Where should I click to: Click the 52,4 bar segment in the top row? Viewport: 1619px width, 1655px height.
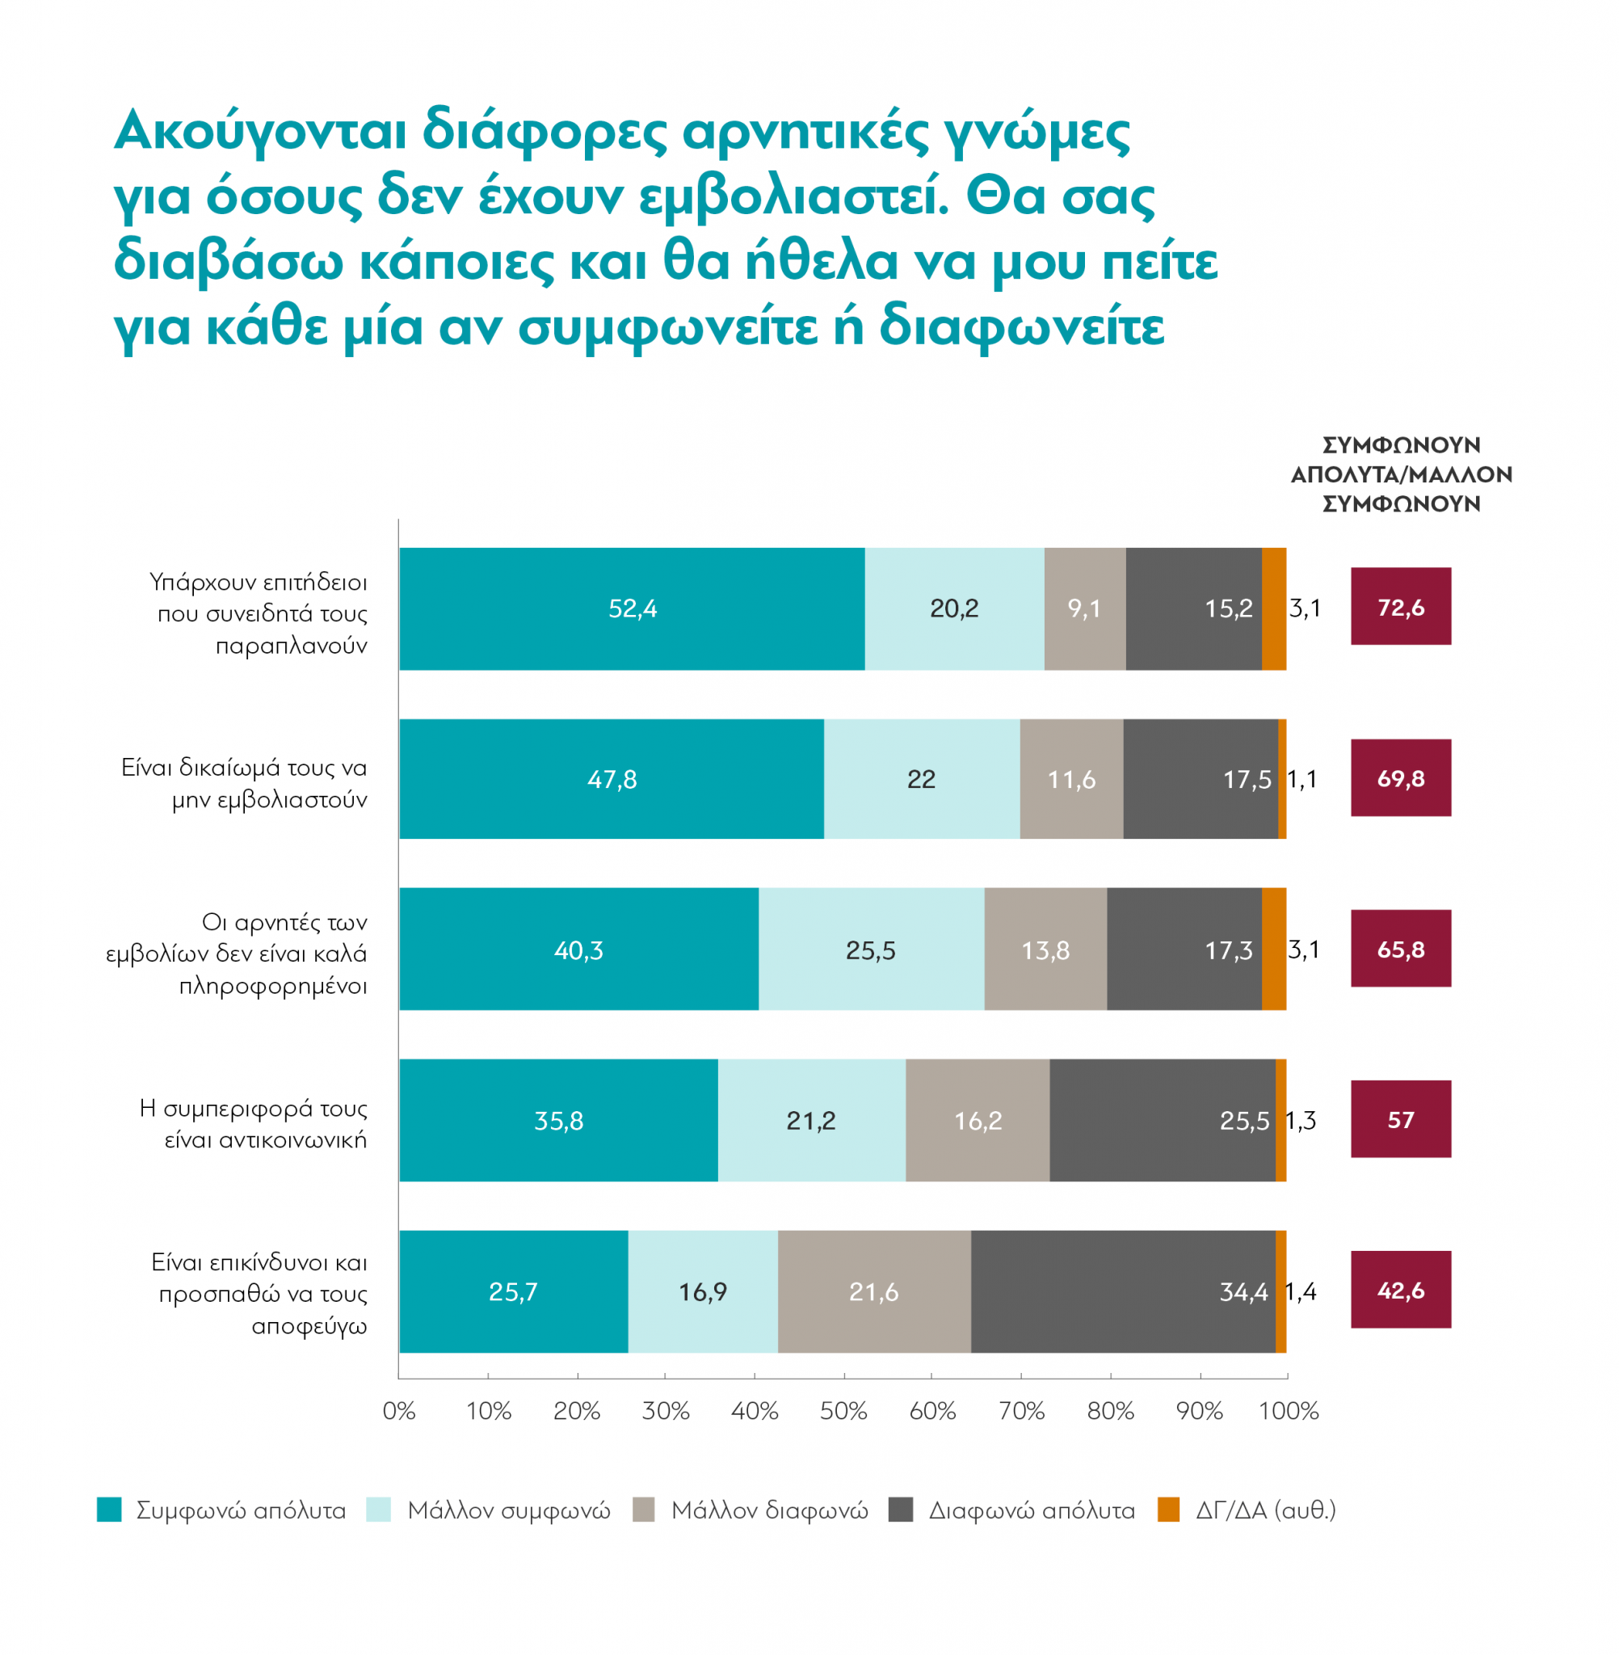click(632, 609)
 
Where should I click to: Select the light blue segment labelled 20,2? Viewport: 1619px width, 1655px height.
click(954, 609)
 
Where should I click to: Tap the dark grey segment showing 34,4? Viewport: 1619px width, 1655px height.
click(1122, 1292)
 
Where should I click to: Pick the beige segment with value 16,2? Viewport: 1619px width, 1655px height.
click(978, 1121)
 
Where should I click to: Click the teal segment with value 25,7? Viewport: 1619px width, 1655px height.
click(514, 1292)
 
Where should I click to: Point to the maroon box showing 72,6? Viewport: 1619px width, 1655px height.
click(1401, 606)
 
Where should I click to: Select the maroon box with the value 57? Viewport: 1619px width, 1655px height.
click(1401, 1119)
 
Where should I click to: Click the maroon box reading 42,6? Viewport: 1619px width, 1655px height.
click(1401, 1291)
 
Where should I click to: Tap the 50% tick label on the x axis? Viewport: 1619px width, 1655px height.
click(843, 1412)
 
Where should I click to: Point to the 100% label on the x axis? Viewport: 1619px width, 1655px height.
click(1289, 1412)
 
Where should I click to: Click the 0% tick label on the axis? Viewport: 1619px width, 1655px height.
click(399, 1412)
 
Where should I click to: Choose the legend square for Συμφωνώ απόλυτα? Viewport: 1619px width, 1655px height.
click(110, 1510)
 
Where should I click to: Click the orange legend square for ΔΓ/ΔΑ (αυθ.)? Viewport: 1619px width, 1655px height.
click(1169, 1510)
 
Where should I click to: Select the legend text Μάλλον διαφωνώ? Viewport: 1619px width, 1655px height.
click(770, 1510)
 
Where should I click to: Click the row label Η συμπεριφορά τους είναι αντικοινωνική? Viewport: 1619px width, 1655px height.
click(254, 1123)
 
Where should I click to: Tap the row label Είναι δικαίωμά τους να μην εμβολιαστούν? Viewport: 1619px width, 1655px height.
click(245, 783)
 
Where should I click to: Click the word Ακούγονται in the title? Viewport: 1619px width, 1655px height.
click(260, 132)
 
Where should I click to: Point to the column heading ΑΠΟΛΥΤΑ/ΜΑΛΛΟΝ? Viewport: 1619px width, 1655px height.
click(1402, 474)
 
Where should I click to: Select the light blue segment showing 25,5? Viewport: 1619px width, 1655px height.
click(871, 950)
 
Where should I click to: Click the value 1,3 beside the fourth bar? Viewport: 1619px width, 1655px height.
click(1301, 1121)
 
